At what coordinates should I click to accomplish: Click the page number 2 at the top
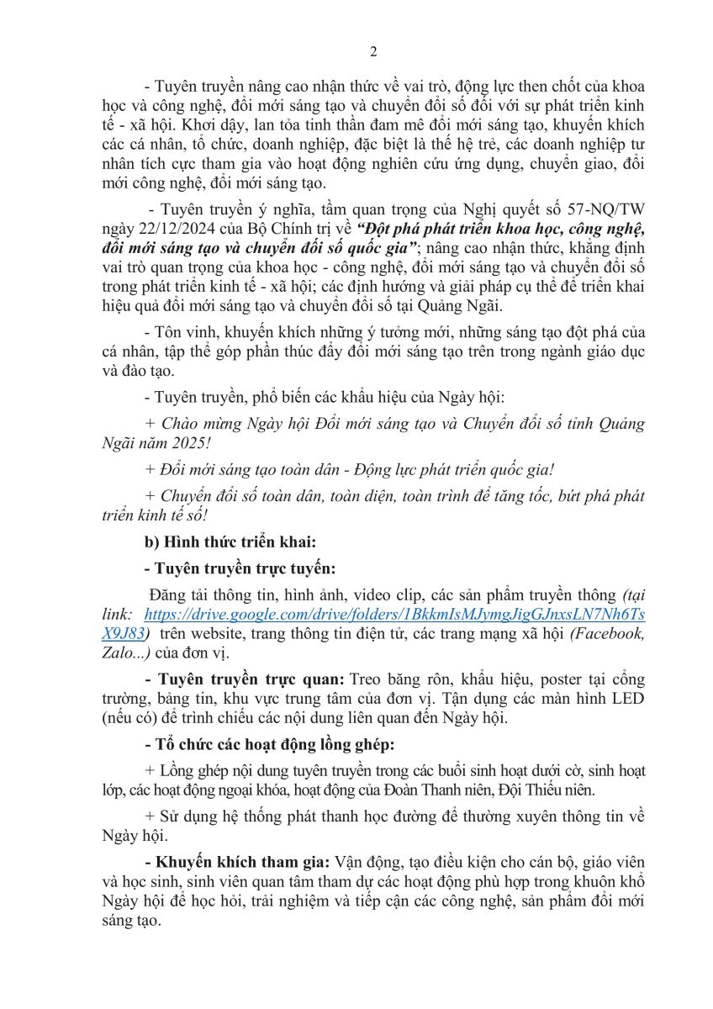373,52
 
